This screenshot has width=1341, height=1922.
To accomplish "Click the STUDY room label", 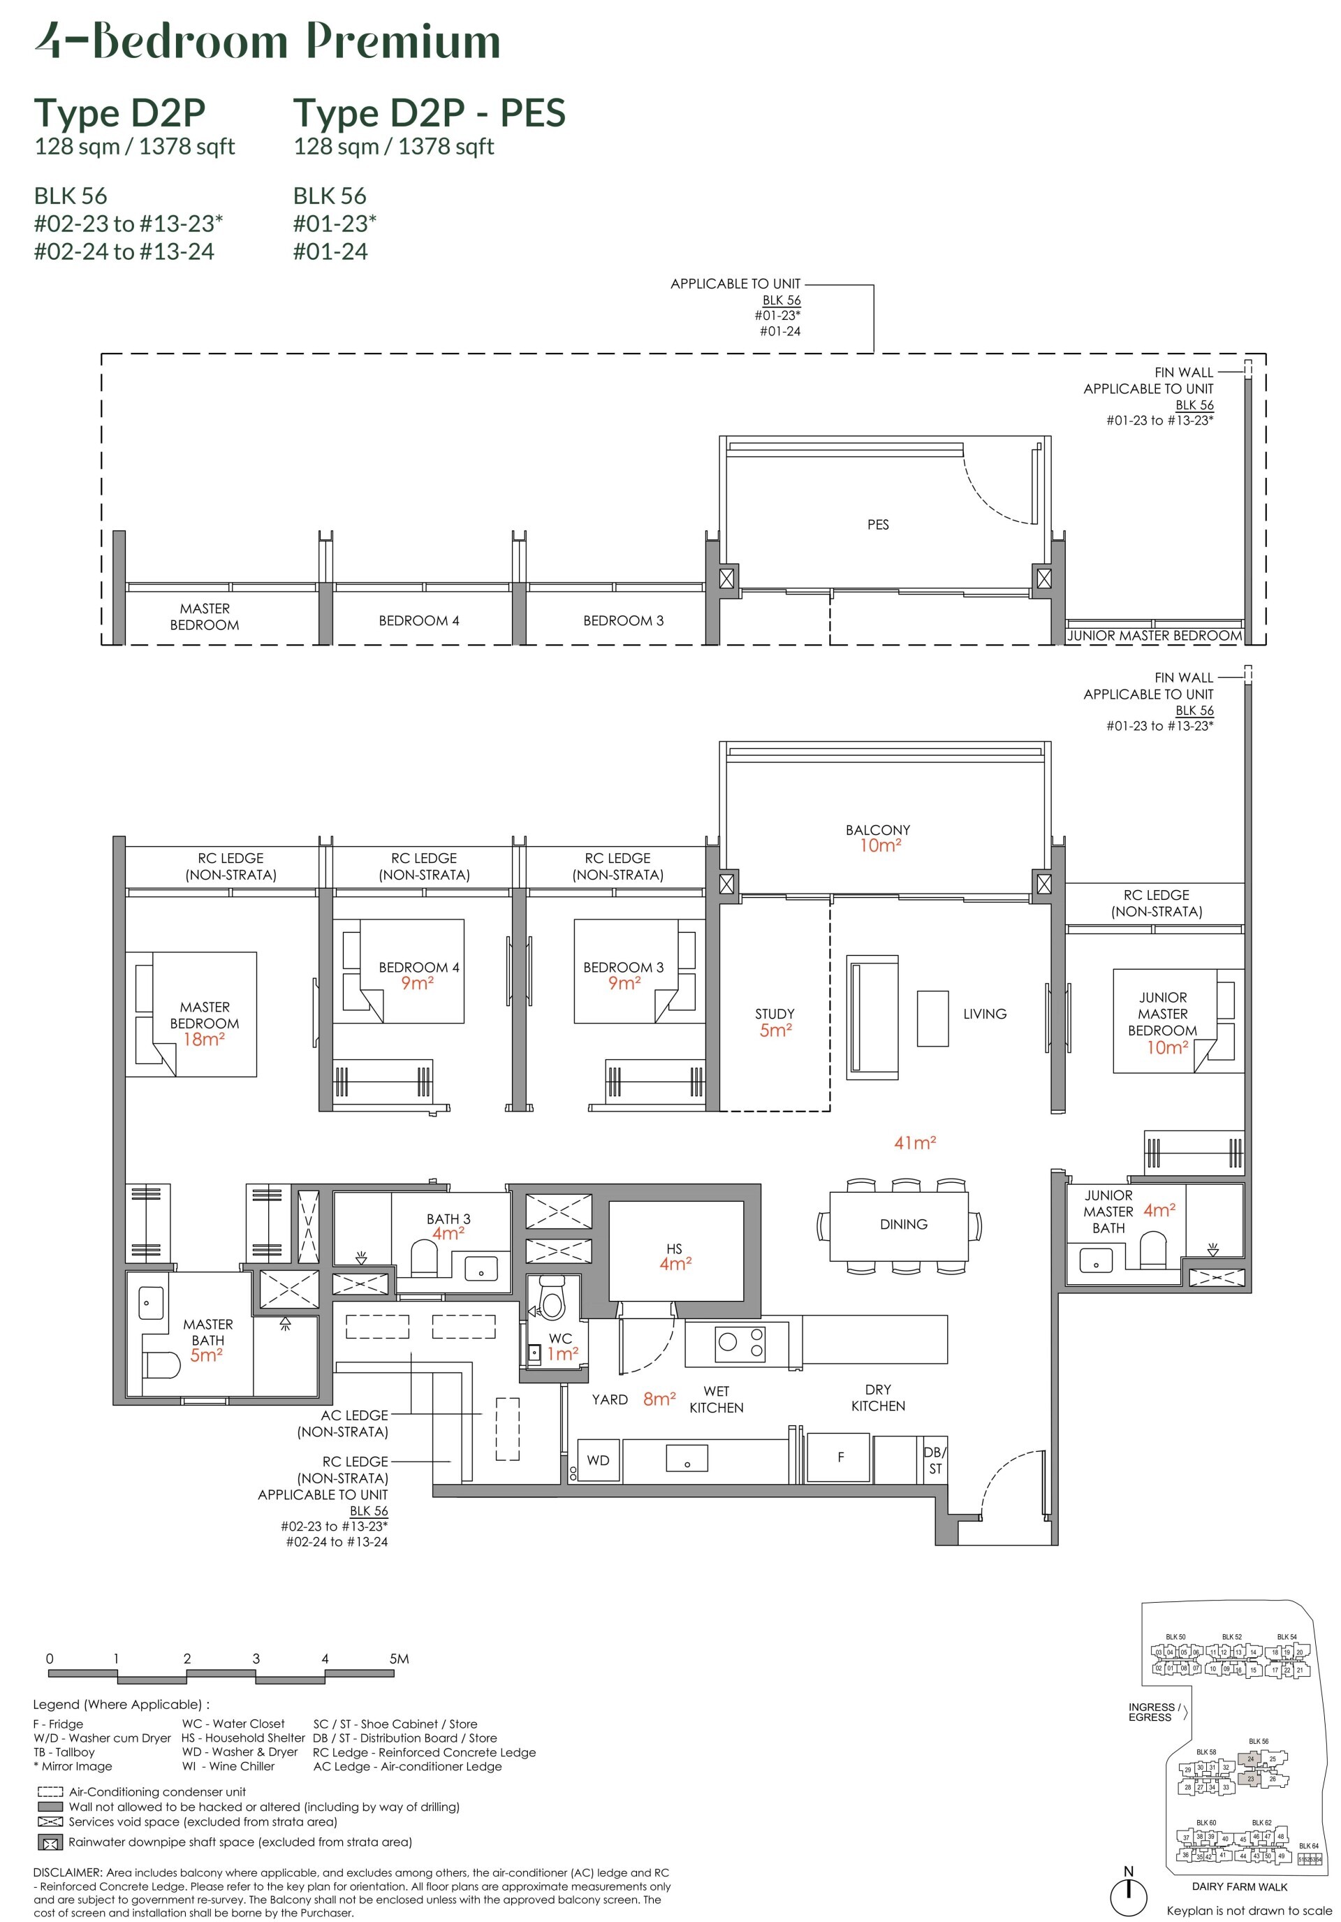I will pos(775,1014).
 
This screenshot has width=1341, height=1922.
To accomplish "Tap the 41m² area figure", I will pos(914,1143).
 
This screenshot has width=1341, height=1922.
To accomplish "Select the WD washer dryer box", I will pos(598,1460).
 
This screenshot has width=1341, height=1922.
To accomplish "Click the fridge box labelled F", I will pos(840,1457).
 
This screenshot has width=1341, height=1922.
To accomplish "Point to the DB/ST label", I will pos(935,1461).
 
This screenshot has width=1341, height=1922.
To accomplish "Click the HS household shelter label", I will pos(675,1255).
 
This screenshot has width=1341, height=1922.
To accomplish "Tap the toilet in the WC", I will pos(552,1301).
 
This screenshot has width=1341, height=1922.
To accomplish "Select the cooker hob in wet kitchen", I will pos(739,1343).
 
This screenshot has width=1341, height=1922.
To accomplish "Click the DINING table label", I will pos(903,1224).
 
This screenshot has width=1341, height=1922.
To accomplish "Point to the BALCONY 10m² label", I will pos(877,837).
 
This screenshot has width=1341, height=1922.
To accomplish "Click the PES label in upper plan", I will pos(877,525).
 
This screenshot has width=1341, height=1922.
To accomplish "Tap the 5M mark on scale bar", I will pos(398,1659).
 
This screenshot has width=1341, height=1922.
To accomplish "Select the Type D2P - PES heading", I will pos(429,113).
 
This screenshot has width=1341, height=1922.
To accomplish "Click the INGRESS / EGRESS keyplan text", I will pos(1154,1712).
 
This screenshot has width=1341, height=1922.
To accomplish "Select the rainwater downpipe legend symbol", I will pos(50,1842).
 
